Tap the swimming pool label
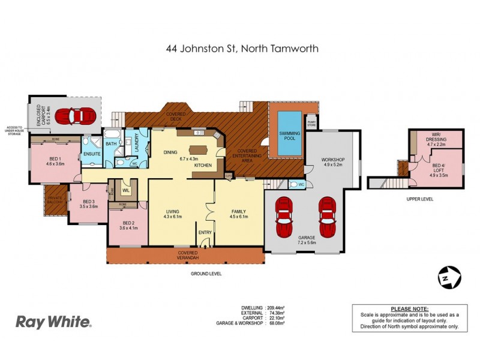pos(286,136)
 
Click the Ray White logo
pos(53,322)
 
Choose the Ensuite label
pos(92,154)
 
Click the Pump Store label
pos(311,123)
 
